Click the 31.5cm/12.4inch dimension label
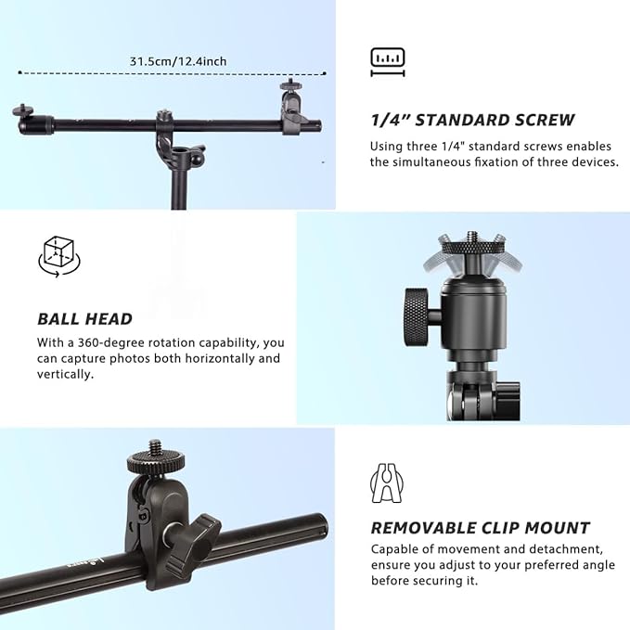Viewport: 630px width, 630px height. click(178, 61)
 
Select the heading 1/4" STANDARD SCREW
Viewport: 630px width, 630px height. click(472, 120)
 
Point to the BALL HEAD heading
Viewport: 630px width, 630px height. click(84, 319)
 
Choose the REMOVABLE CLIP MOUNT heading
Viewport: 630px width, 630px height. click(480, 528)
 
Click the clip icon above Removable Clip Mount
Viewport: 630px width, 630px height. click(387, 482)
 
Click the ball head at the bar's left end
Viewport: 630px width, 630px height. click(24, 119)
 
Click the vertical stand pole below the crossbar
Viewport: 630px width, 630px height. click(176, 190)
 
